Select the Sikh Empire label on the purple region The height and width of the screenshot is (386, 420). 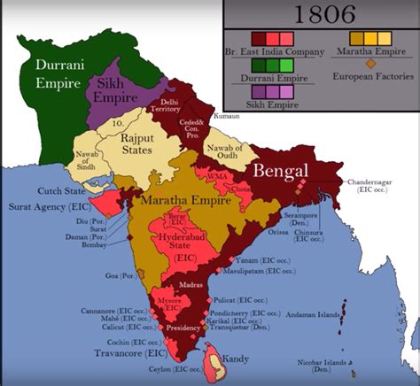click(117, 89)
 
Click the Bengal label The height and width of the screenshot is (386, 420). click(283, 169)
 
